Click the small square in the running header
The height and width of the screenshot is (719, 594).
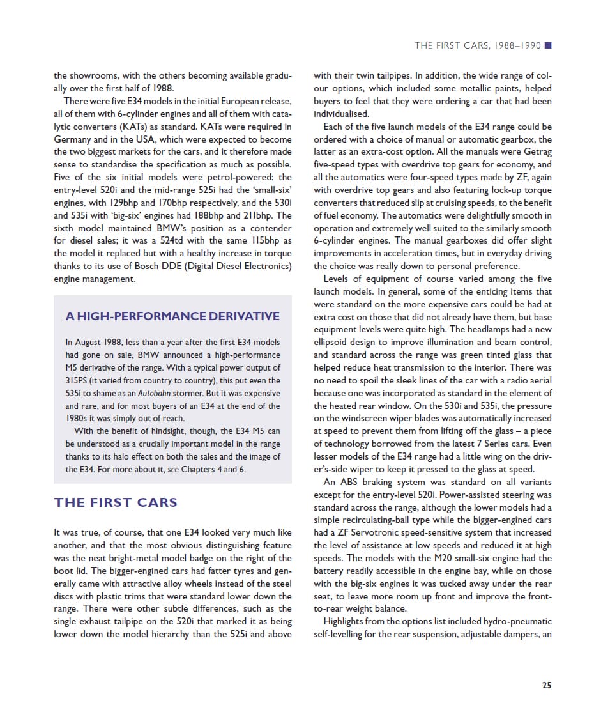tap(548, 45)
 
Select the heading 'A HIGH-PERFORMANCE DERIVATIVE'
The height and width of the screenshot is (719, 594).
tap(172, 316)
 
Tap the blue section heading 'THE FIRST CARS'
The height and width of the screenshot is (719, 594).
tap(116, 502)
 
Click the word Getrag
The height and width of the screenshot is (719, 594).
tap(537, 152)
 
